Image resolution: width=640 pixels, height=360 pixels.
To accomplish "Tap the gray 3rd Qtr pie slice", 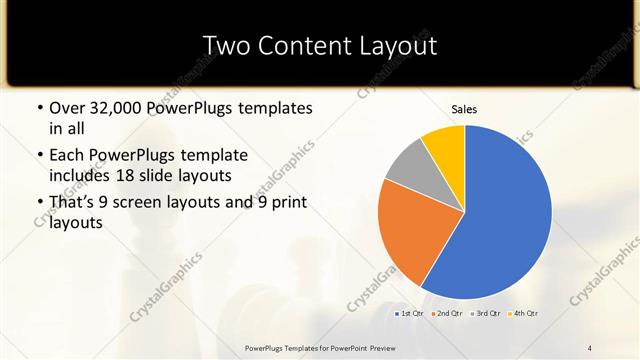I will coord(408,168).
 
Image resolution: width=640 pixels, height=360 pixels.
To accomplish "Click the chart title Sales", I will coord(464,108).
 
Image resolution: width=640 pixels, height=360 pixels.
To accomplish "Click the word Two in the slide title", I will coord(226,46).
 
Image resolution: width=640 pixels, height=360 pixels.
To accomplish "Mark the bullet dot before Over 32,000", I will coord(39,108).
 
